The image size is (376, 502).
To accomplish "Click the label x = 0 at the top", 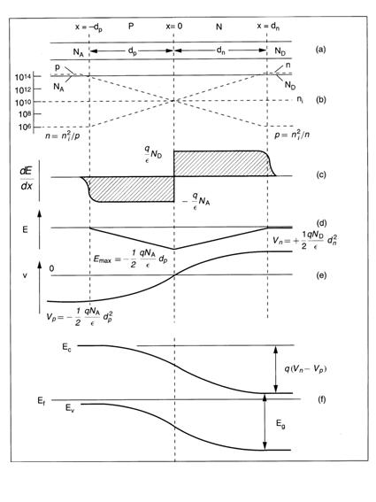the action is [x=174, y=26].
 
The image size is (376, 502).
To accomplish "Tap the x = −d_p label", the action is [x=89, y=27].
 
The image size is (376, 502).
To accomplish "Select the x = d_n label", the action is [x=268, y=27].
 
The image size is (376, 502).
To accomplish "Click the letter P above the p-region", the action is [x=131, y=26].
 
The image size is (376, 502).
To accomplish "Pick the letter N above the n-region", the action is [x=219, y=27].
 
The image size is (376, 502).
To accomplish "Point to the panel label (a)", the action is [x=320, y=50].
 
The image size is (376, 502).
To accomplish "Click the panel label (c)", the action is [x=320, y=174].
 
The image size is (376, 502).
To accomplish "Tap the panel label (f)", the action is [x=321, y=399].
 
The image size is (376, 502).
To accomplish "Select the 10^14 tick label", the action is [x=23, y=77].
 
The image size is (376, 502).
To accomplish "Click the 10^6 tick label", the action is [x=25, y=127].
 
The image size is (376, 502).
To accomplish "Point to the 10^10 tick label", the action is [x=23, y=102].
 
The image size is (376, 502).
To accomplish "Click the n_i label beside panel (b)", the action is [x=300, y=99].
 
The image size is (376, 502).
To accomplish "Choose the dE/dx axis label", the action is [x=27, y=178].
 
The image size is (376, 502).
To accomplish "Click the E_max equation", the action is [x=131, y=259].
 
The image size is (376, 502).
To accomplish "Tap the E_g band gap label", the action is [x=280, y=424].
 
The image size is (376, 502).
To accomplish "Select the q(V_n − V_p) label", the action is [x=305, y=369].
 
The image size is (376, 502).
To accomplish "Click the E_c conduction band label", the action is [x=67, y=348].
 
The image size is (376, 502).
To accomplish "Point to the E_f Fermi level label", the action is [x=42, y=400].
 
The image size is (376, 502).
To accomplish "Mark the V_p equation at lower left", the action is [x=80, y=317].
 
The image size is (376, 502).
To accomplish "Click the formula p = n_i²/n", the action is [x=292, y=135].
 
